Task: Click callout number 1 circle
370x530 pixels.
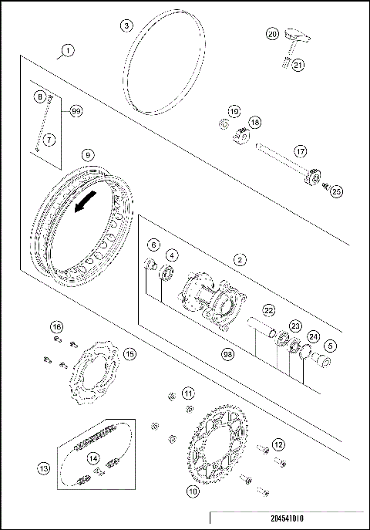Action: [x=68, y=51]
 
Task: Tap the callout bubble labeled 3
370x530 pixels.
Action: [x=126, y=25]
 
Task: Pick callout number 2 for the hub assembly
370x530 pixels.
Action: [x=240, y=261]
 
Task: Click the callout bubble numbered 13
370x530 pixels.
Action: [x=43, y=468]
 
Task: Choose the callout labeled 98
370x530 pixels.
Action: [x=227, y=353]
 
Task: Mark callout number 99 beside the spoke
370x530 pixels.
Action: [x=76, y=111]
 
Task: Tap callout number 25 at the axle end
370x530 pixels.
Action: [x=335, y=191]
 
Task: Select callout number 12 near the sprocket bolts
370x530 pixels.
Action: [x=278, y=444]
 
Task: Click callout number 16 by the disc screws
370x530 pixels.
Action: [x=56, y=326]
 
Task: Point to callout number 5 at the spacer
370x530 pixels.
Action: [x=330, y=346]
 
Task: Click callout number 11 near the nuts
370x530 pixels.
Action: [x=188, y=393]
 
